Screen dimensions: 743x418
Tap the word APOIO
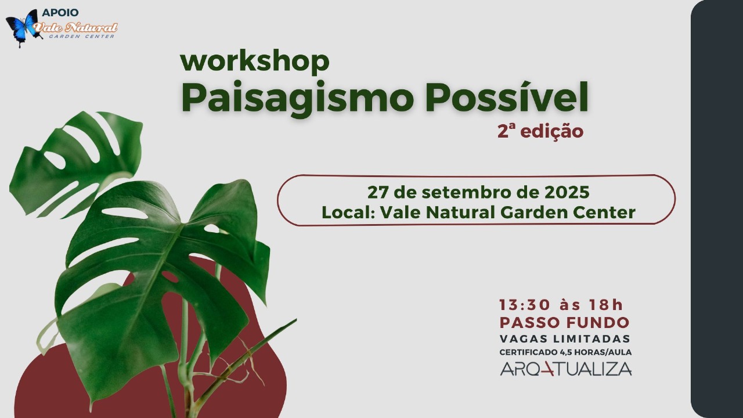coord(60,13)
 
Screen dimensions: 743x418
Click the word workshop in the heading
coord(255,62)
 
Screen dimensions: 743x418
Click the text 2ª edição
coord(540,132)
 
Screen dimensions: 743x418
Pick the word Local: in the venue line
coord(348,212)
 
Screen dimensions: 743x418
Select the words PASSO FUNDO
coord(565,322)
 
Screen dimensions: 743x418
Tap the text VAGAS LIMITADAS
coord(565,338)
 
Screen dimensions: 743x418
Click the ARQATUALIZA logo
coord(566,369)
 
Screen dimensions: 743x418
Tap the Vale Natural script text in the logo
coord(75,27)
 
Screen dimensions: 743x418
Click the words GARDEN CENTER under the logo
coord(82,36)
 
